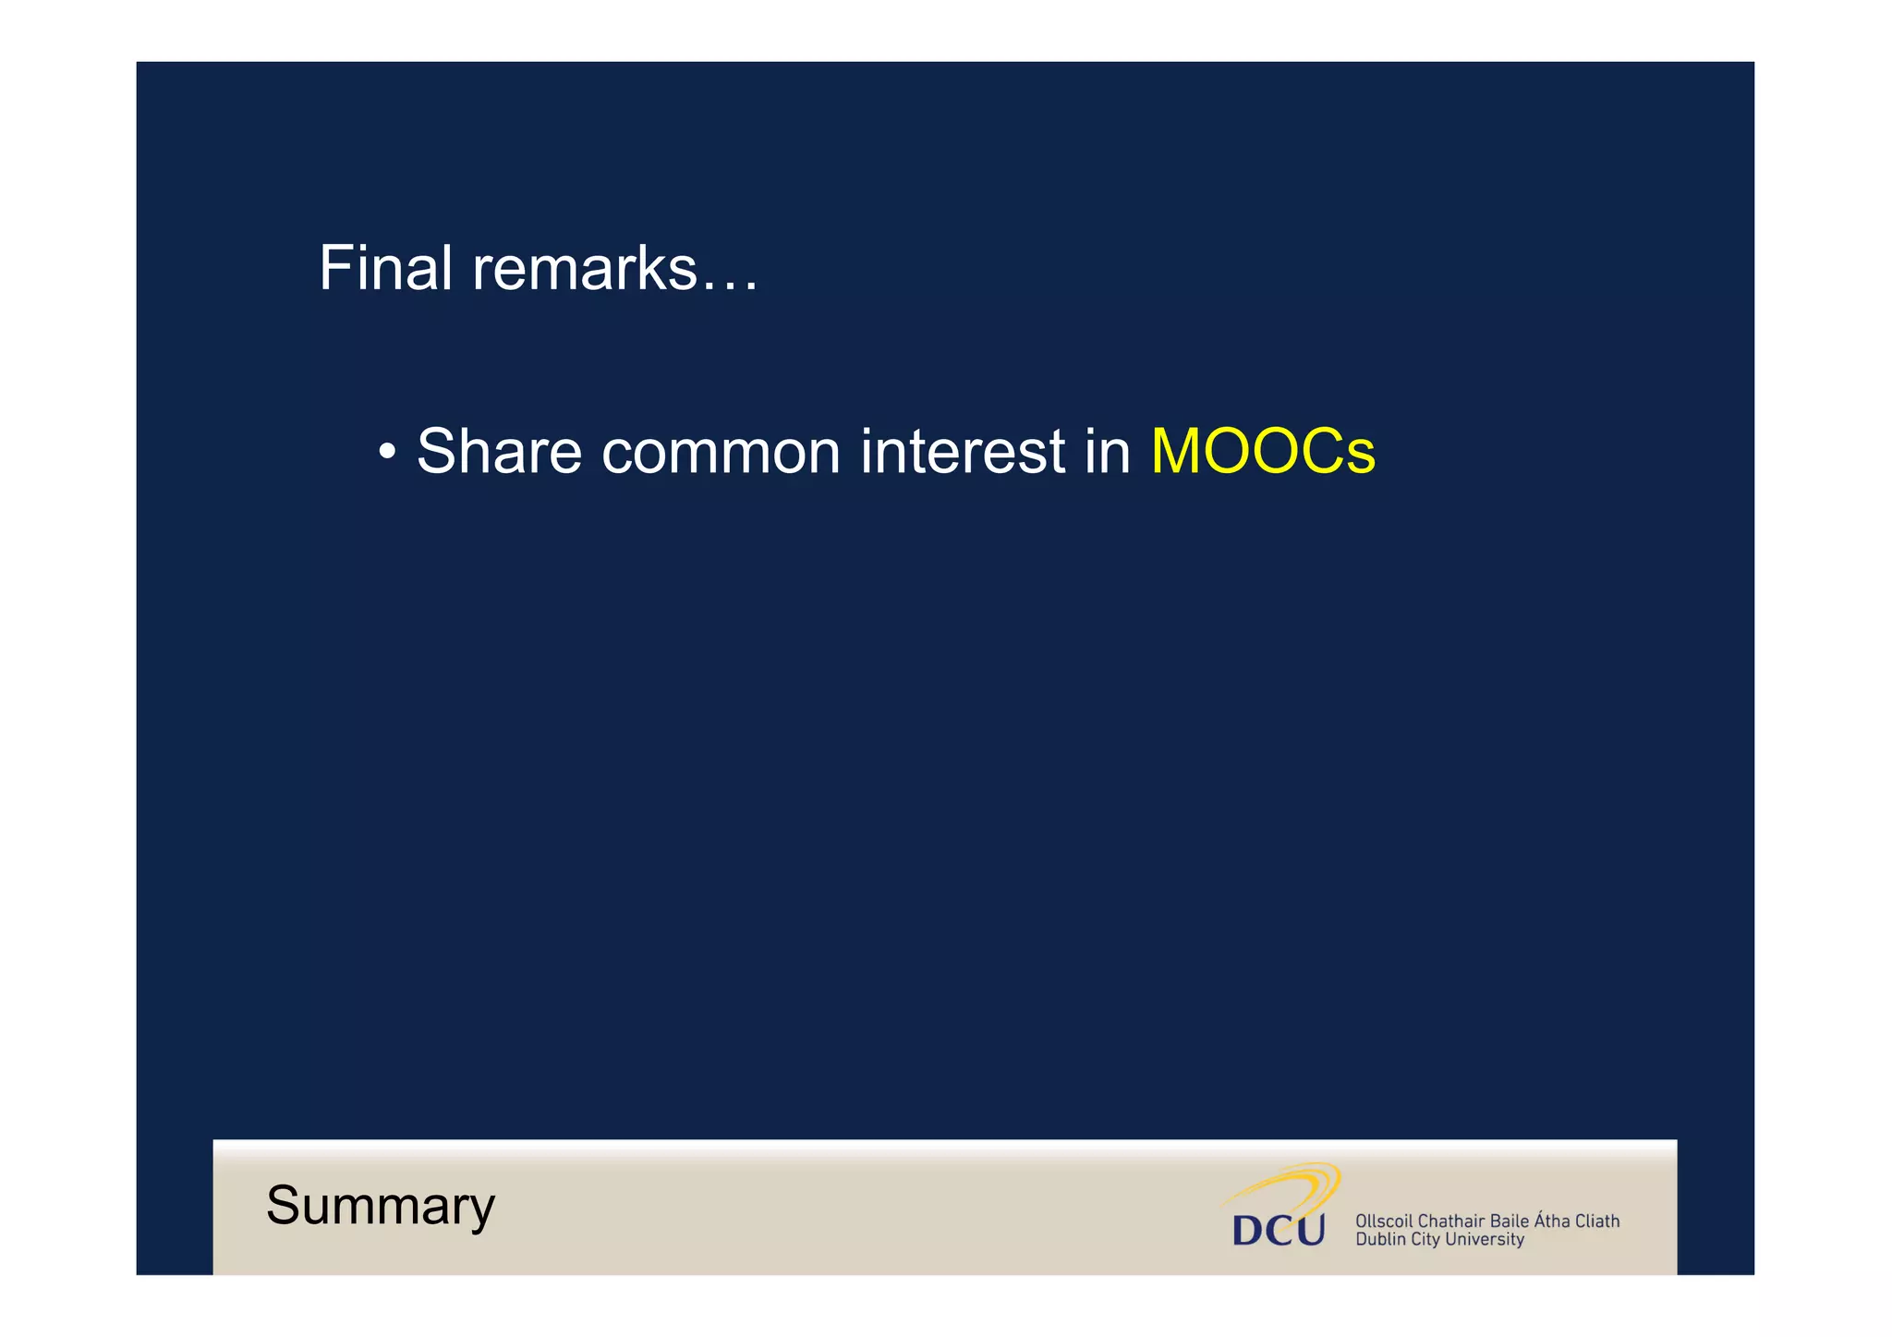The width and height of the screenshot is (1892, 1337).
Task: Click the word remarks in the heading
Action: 584,269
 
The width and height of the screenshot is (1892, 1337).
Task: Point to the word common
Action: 721,452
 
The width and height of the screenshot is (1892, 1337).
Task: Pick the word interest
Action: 963,452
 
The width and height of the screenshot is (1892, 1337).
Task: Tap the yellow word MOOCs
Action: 1263,452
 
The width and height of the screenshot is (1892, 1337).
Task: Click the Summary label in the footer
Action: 381,1206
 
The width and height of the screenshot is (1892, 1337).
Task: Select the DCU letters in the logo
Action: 1279,1230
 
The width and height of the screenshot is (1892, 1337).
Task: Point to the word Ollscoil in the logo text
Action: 1384,1222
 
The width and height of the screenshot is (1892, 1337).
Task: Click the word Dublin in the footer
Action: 1380,1240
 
